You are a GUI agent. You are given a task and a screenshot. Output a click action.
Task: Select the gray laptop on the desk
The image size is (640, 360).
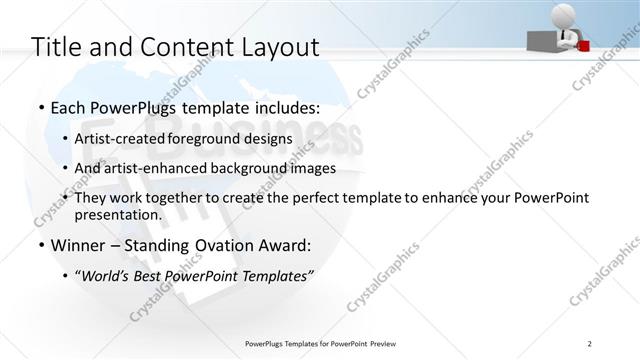click(544, 39)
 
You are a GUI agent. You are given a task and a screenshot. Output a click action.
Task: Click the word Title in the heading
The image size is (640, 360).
click(56, 46)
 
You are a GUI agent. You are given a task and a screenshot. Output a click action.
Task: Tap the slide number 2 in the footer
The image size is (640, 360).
click(589, 344)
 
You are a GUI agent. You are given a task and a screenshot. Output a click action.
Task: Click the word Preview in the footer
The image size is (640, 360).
click(387, 344)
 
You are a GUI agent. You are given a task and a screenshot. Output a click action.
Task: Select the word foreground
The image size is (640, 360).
click(205, 138)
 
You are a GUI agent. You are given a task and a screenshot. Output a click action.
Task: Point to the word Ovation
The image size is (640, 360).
click(226, 244)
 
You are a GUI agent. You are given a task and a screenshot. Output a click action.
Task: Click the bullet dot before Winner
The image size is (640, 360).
click(40, 245)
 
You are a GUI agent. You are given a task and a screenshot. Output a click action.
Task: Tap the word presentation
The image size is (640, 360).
click(117, 214)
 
